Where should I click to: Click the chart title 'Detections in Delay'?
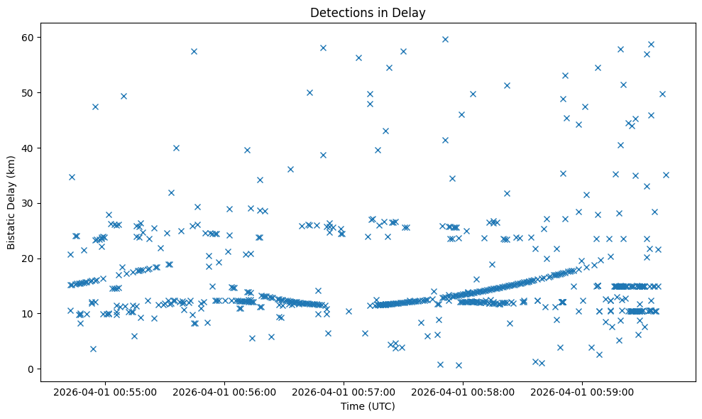(368, 12)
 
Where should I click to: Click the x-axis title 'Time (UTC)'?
(368, 407)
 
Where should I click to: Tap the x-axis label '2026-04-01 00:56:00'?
(225, 391)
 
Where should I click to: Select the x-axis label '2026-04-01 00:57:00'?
(344, 391)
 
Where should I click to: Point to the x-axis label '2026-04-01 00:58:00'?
(464, 391)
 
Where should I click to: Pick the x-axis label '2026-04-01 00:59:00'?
(583, 391)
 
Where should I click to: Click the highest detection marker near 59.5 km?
(445, 39)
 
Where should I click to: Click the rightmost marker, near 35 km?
(666, 175)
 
